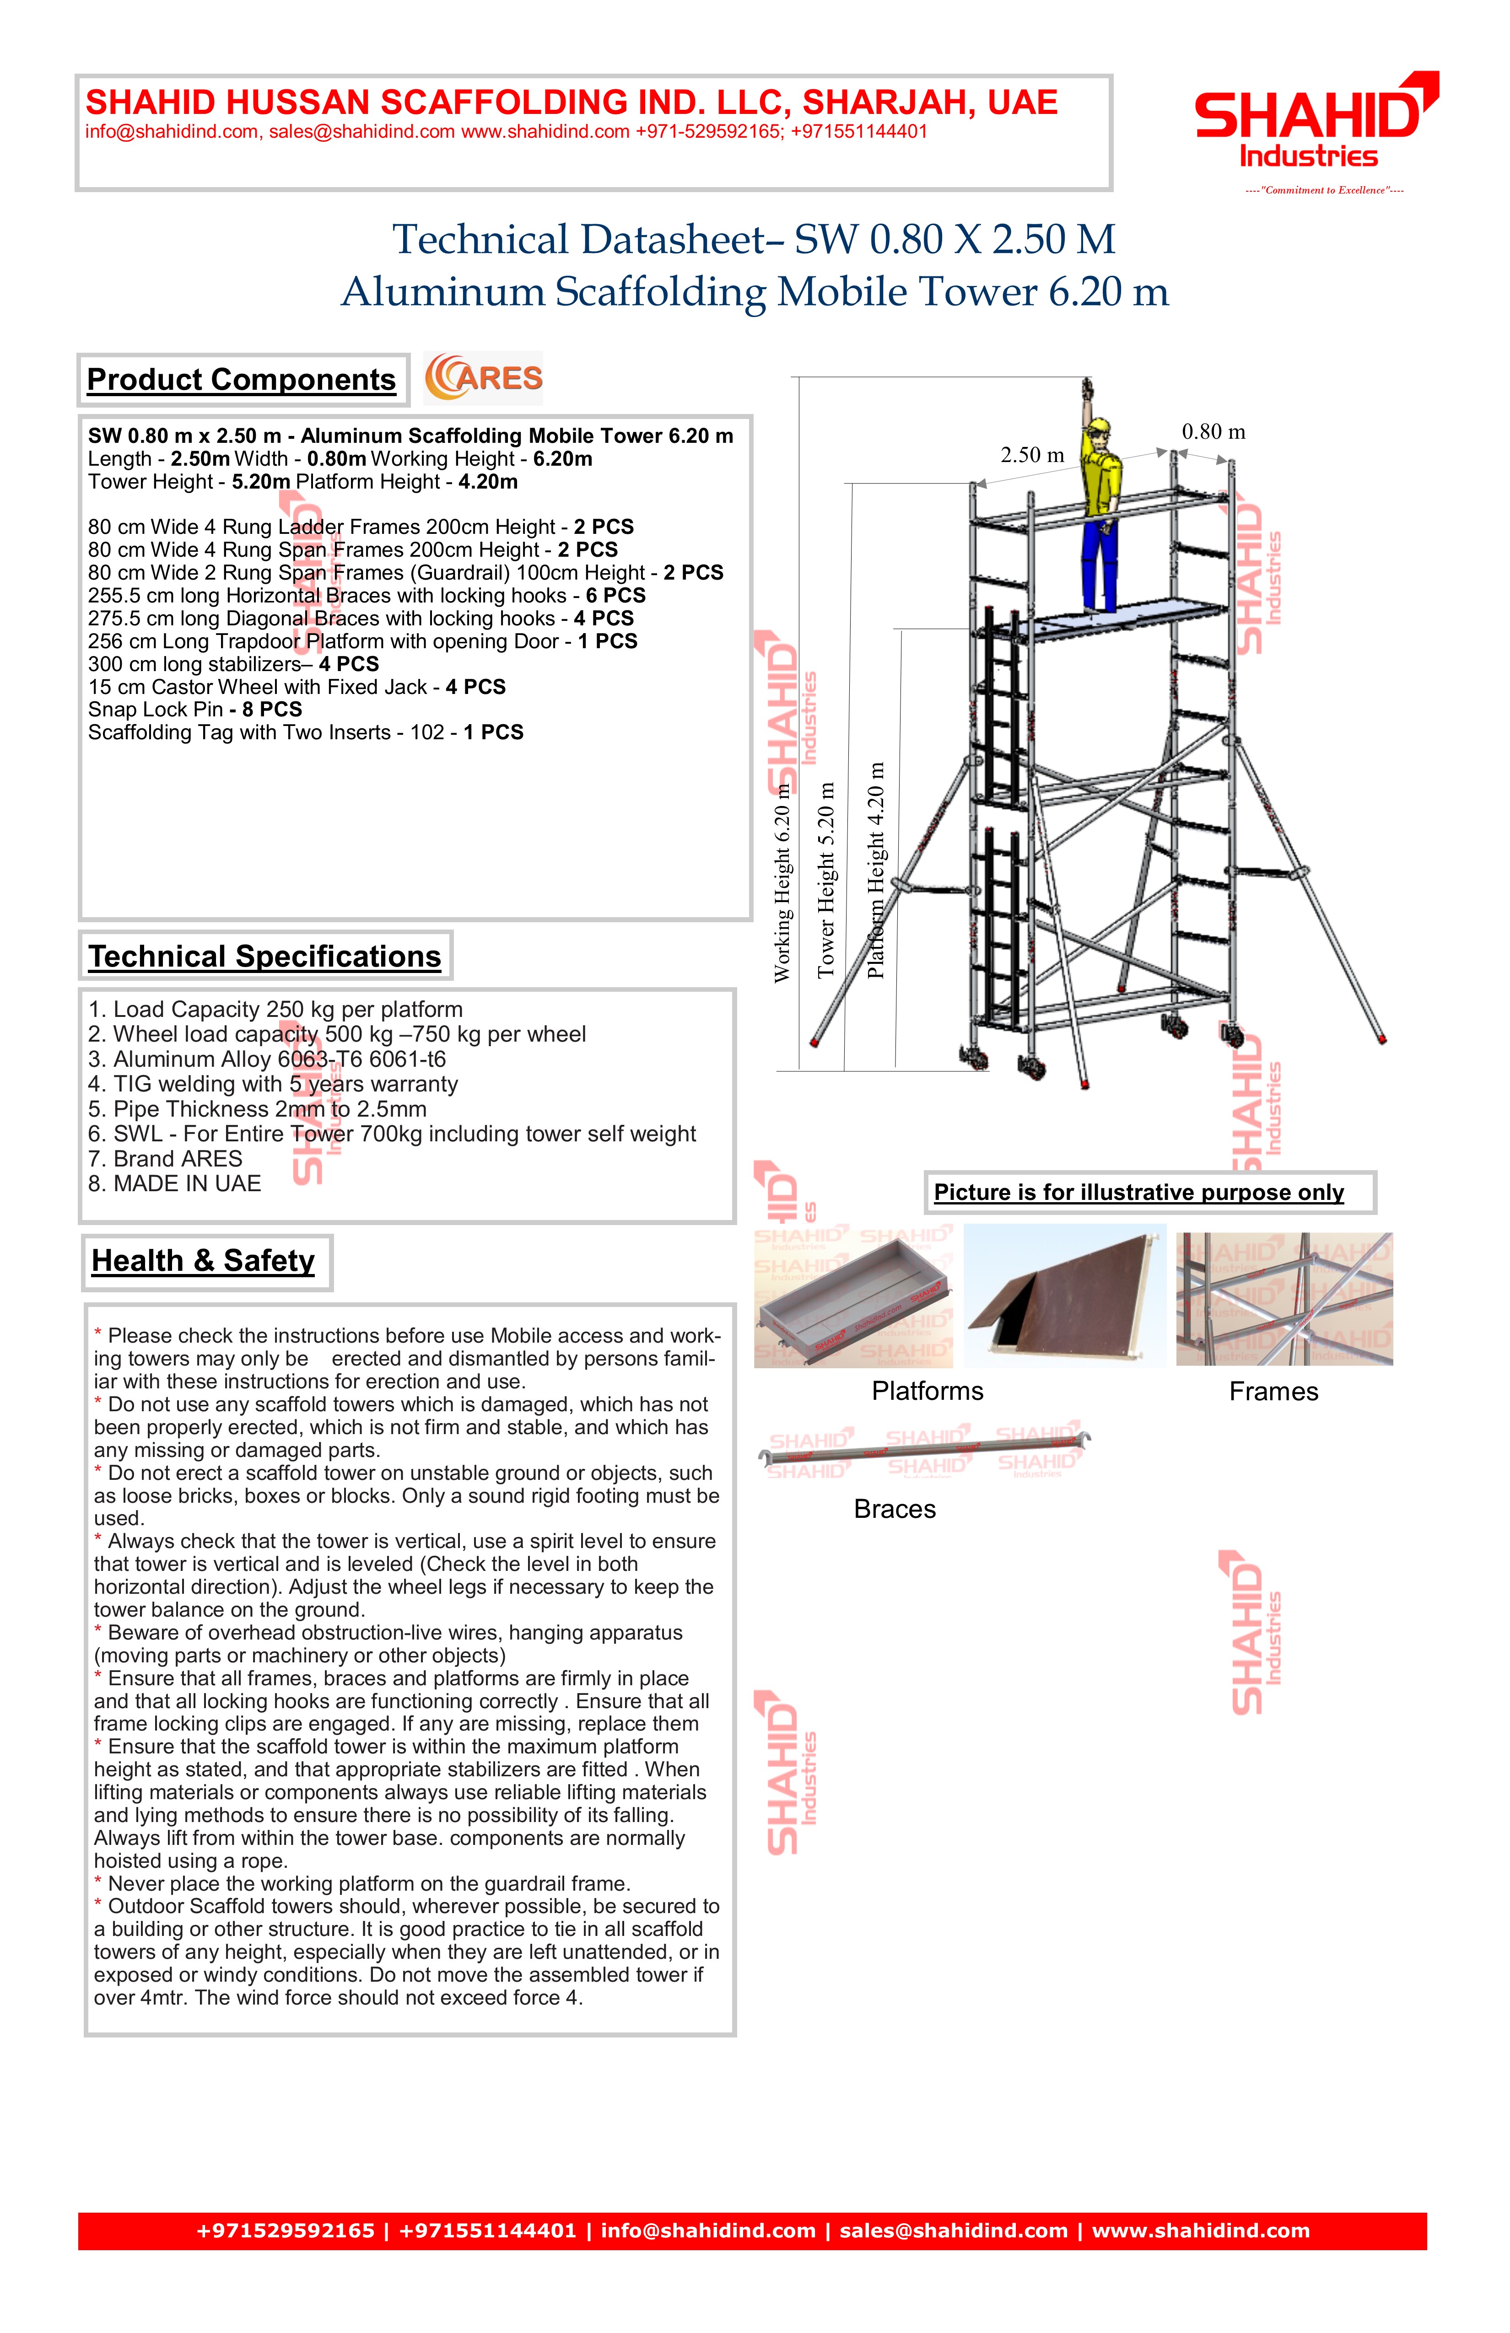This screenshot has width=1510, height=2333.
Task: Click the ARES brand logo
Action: pyautogui.click(x=483, y=378)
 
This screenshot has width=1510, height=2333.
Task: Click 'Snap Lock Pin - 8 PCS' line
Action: pyautogui.click(x=195, y=710)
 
